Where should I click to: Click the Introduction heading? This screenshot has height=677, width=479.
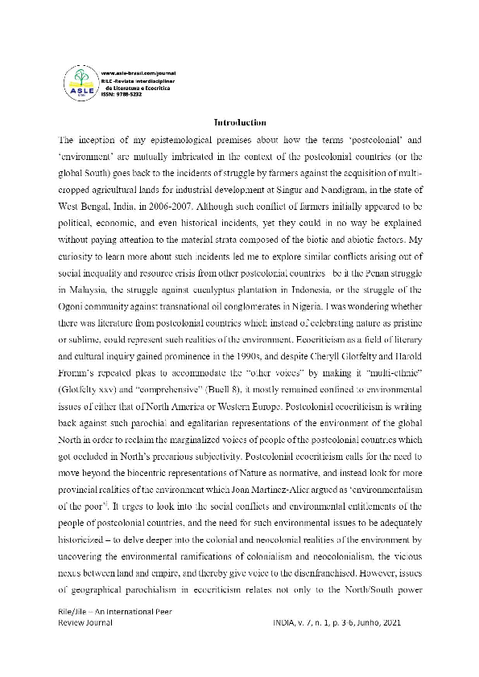[x=239, y=122]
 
